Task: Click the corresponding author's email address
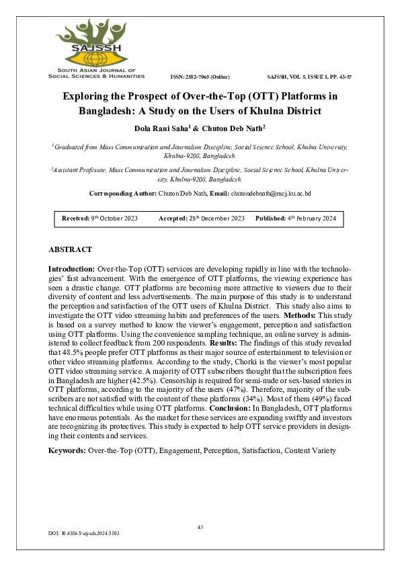(270, 175)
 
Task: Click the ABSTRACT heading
(71, 249)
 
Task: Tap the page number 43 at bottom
(200, 527)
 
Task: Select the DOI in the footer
(84, 533)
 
